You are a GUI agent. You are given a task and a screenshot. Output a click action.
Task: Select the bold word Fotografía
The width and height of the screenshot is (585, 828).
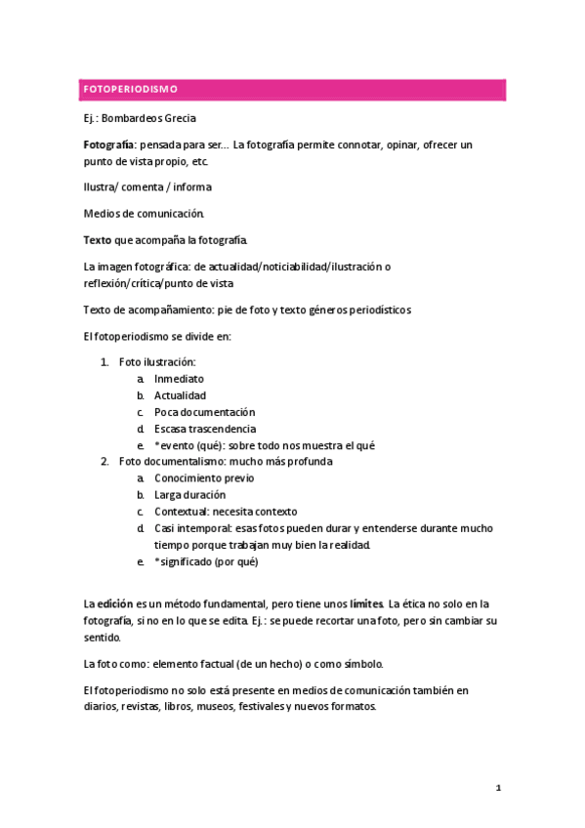(x=107, y=145)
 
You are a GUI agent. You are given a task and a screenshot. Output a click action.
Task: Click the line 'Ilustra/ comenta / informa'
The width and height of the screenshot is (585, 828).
(x=147, y=186)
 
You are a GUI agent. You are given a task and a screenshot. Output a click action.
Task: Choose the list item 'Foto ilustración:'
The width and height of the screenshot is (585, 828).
(x=157, y=362)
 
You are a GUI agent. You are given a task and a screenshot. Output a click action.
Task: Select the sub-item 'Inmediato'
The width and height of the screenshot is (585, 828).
(x=180, y=379)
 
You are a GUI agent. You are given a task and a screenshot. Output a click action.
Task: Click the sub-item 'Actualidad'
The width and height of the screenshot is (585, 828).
(x=181, y=395)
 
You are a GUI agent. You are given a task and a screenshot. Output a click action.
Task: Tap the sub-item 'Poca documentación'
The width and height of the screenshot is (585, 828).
(x=204, y=412)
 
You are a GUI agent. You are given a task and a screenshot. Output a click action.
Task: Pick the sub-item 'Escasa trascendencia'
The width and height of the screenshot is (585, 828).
(x=205, y=429)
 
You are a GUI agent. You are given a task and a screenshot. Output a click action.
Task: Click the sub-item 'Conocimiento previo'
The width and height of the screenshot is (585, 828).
(x=204, y=478)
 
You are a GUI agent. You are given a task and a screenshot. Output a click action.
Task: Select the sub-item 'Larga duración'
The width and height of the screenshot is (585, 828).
(x=189, y=495)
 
